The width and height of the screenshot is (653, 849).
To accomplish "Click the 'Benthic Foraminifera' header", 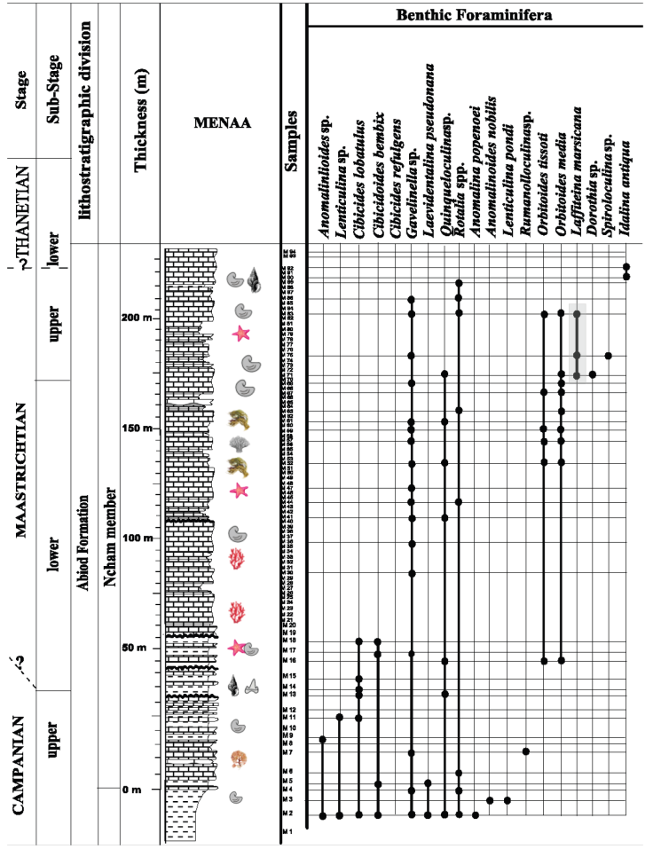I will click(475, 15).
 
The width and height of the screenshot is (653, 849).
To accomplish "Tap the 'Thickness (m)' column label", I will click(138, 121).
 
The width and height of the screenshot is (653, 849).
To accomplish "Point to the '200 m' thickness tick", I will click(136, 317).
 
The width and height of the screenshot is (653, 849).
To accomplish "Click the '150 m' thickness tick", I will click(136, 428).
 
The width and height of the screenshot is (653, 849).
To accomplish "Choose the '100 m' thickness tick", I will click(136, 538).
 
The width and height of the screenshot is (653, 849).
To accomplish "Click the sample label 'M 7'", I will click(287, 753).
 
